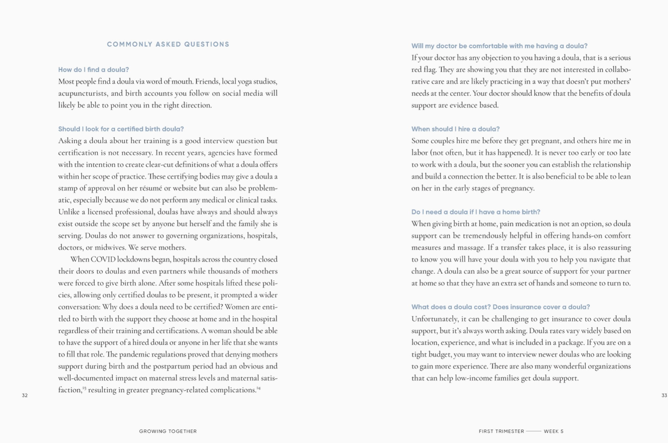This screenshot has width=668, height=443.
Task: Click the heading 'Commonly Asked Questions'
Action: point(168,44)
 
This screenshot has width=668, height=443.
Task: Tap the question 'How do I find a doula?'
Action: point(94,70)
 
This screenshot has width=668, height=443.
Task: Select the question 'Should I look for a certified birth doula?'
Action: point(121,129)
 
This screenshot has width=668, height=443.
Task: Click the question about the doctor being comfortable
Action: point(499,46)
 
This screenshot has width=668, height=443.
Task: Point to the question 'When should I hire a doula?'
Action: point(455,129)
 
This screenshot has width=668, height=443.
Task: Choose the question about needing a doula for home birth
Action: point(476,212)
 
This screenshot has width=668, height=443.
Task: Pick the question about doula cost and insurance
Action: point(500,307)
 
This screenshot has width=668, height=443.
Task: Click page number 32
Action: point(25,395)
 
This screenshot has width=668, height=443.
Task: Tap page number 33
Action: point(664,395)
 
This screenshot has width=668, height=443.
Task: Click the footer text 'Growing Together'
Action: point(168,431)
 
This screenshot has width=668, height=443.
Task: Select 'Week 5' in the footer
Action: point(554,431)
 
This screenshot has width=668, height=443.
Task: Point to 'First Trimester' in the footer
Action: point(501,431)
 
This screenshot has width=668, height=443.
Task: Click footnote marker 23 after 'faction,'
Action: point(84,388)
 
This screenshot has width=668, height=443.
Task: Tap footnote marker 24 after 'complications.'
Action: point(258,388)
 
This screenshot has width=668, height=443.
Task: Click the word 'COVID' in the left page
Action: point(103,260)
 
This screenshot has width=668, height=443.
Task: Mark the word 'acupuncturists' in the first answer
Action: point(83,94)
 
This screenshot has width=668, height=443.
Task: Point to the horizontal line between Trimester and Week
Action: point(534,431)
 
